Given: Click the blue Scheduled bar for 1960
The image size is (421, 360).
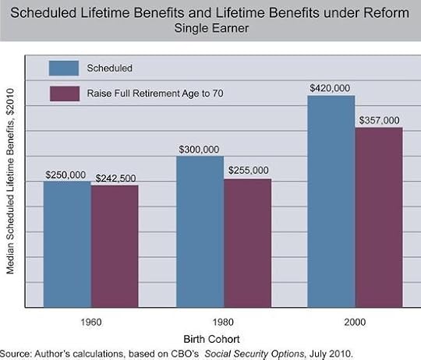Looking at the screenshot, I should (x=67, y=244).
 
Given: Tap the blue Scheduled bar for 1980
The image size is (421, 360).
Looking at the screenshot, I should (x=200, y=231).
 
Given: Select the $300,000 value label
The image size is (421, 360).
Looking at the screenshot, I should (x=200, y=149).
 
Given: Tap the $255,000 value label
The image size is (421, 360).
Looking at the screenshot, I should (x=249, y=171).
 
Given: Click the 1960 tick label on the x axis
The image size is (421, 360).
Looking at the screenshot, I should (x=90, y=321).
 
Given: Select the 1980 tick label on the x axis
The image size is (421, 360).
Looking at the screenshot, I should (x=224, y=321).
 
